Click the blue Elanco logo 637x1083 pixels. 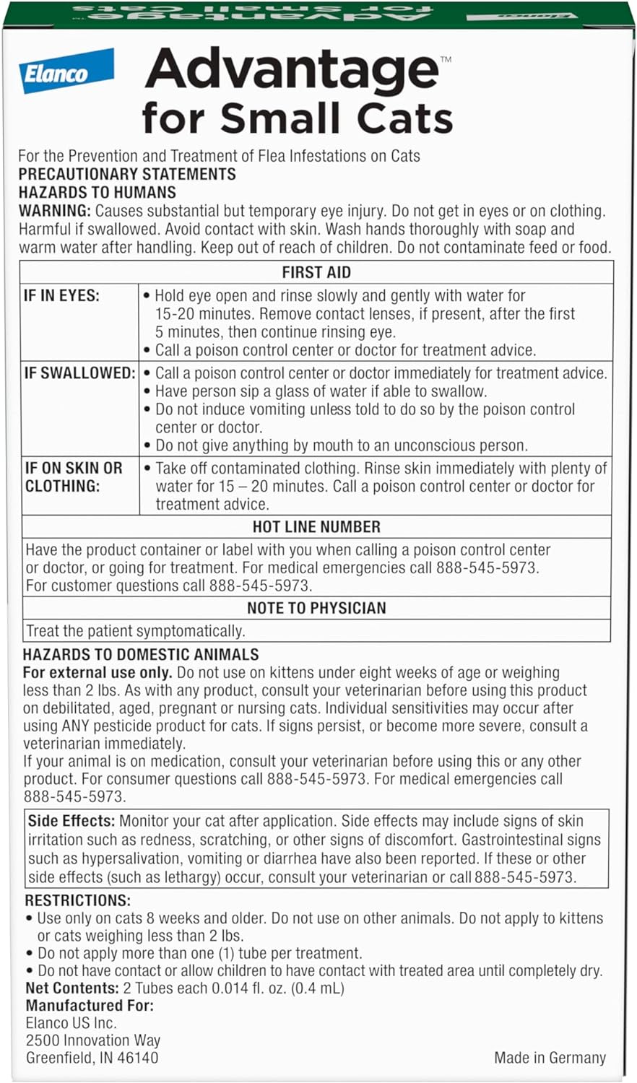coord(66,71)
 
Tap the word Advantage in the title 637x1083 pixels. coord(292,71)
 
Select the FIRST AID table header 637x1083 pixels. coord(316,272)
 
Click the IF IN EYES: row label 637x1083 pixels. coord(62,295)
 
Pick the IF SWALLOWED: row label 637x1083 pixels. coord(79,373)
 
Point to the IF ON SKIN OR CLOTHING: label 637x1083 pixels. coord(74,477)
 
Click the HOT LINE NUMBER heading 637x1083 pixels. coord(316,526)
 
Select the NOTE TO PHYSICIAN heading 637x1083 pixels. coord(316,608)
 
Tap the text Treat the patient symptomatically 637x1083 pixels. coord(135,631)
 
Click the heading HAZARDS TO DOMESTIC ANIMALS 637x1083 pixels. coord(141,655)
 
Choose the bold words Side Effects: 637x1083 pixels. coord(71,821)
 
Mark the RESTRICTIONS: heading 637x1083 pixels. coord(78,900)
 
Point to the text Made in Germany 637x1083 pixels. coord(550,1058)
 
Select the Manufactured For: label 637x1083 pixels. coord(90,1005)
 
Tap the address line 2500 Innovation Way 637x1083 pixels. coord(93,1040)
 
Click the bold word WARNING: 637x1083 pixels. coord(55,211)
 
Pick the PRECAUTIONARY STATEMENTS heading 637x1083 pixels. coord(127,174)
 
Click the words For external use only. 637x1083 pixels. coord(97,672)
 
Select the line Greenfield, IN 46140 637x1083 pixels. coord(92,1058)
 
